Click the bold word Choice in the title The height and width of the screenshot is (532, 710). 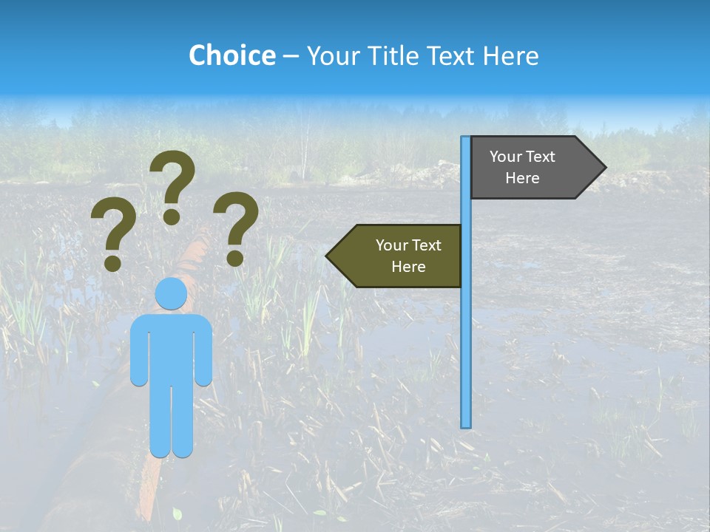tap(231, 55)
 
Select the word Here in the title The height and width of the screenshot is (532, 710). tap(510, 55)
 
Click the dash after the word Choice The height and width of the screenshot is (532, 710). tap(291, 56)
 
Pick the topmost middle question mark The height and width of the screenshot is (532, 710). tap(172, 186)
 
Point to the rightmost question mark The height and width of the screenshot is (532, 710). tap(236, 228)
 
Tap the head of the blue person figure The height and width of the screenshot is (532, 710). tap(171, 295)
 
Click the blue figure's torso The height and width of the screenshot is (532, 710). tap(171, 347)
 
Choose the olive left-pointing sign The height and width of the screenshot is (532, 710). tap(399, 256)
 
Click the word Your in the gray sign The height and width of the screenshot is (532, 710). tap(506, 157)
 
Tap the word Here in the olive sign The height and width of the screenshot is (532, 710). tap(408, 267)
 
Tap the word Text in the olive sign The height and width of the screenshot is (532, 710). tap(426, 245)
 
